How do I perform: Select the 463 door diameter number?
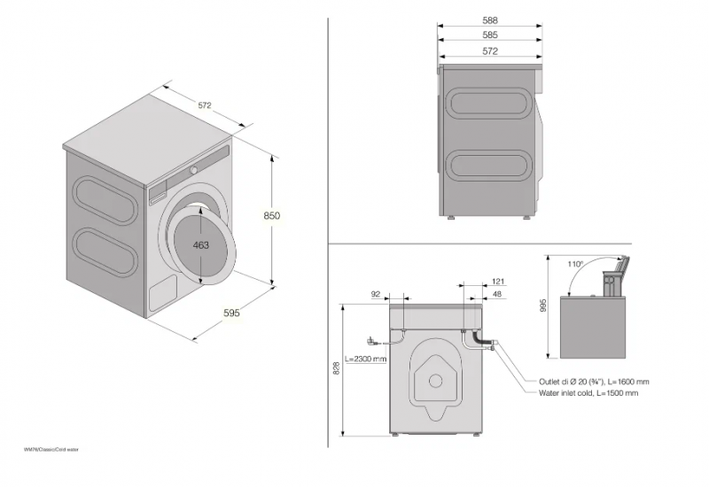pyautogui.click(x=201, y=245)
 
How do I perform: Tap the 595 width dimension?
pyautogui.click(x=231, y=313)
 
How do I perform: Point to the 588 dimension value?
pyautogui.click(x=490, y=19)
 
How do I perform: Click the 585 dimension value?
pyautogui.click(x=490, y=35)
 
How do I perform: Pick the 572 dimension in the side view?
pyautogui.click(x=490, y=51)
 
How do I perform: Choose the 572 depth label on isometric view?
pyautogui.click(x=205, y=105)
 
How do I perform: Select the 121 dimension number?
pyautogui.click(x=497, y=282)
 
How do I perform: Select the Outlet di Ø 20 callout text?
pyautogui.click(x=585, y=381)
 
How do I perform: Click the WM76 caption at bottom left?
pyautogui.click(x=52, y=450)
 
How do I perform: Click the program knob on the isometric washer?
pyautogui.click(x=192, y=169)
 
